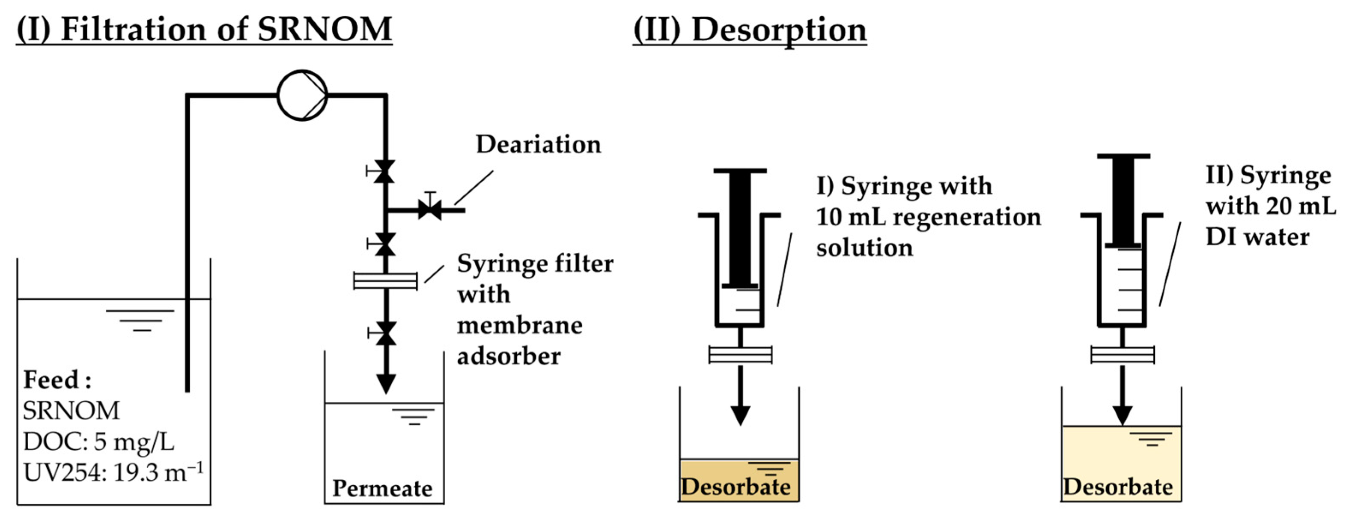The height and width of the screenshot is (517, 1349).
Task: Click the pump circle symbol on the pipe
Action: coord(302,96)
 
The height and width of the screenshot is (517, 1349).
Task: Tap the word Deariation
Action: coord(538,145)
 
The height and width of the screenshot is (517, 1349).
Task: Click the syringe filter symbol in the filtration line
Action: coord(385,281)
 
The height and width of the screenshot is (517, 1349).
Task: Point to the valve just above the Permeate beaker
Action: coord(386,333)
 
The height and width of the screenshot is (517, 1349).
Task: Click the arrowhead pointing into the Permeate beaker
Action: coord(386,383)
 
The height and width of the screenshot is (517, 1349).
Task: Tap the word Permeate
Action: coord(382,488)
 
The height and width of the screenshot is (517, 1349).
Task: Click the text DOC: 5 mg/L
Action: coord(98,442)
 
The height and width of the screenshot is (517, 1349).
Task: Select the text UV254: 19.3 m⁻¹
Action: coord(113,473)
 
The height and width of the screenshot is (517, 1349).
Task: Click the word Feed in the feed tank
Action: coord(51,380)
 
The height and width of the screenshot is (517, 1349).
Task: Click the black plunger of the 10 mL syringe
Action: coord(740,228)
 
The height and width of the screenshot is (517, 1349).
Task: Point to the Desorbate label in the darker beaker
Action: coord(736,487)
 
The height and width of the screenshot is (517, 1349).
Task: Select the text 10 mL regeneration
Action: coord(928,217)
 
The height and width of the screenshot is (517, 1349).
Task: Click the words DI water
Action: coord(1257,237)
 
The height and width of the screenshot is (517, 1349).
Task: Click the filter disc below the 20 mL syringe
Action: coord(1122,355)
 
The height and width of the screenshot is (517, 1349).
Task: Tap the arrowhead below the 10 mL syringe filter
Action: coord(740,415)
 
